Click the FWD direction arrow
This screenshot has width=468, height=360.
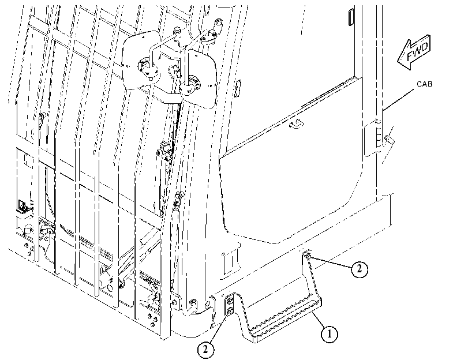pyautogui.click(x=414, y=52)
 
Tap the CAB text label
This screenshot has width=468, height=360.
pyautogui.click(x=424, y=84)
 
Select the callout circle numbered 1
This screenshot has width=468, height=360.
pyautogui.click(x=329, y=333)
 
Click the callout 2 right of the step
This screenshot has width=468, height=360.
pyautogui.click(x=360, y=269)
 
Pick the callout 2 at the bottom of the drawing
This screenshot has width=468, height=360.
pyautogui.click(x=205, y=349)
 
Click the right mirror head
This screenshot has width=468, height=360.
pyautogui.click(x=198, y=79)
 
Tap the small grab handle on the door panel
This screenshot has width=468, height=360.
pyautogui.click(x=295, y=123)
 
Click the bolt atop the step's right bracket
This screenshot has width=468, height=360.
pyautogui.click(x=308, y=255)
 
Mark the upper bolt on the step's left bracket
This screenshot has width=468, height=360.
pyautogui.click(x=230, y=301)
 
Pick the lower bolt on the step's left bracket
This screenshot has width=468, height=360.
pyautogui.click(x=230, y=312)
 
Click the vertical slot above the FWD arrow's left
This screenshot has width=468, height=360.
pyautogui.click(x=351, y=17)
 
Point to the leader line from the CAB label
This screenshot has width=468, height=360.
pyautogui.click(x=399, y=99)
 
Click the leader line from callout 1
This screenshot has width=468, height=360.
pyautogui.click(x=318, y=319)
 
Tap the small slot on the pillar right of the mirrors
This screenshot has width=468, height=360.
pyautogui.click(x=238, y=88)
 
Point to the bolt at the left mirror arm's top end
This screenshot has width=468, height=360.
pyautogui.click(x=177, y=31)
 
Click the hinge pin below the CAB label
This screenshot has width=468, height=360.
pyautogui.click(x=388, y=139)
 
